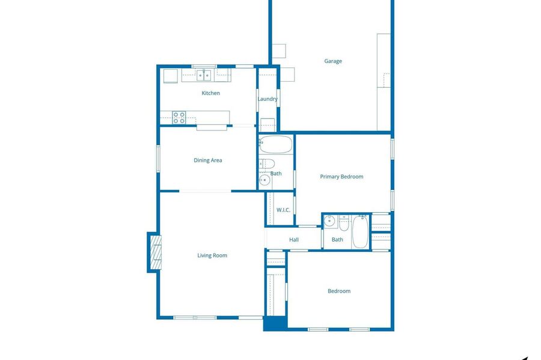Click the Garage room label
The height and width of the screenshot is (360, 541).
coord(333,61)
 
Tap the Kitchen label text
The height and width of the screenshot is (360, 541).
coord(210,93)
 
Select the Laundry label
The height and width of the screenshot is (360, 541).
coord(267,99)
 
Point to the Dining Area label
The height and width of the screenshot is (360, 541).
coord(208,160)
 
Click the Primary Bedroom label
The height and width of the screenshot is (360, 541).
coord(341,177)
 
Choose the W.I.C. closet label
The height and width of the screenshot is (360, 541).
coord(283,210)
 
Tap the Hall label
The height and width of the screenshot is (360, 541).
coord(294,240)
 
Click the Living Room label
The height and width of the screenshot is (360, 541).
coord(212,255)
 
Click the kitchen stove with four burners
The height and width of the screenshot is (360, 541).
coord(179,118)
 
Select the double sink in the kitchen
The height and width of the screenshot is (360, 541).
coord(204,75)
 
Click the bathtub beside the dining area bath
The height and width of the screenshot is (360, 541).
coord(276,144)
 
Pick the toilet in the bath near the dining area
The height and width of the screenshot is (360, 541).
coord(267,163)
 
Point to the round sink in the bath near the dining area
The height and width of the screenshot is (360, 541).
coord(264,180)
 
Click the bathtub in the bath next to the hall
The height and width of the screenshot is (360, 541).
coord(360,232)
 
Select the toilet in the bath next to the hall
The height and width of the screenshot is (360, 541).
coord(344,223)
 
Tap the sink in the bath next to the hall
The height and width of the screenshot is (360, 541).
coord(330,221)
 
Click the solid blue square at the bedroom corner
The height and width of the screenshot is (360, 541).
coord(275,323)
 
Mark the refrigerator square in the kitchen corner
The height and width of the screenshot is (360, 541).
coord(171,76)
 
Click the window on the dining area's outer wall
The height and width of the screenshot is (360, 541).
coord(158,159)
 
